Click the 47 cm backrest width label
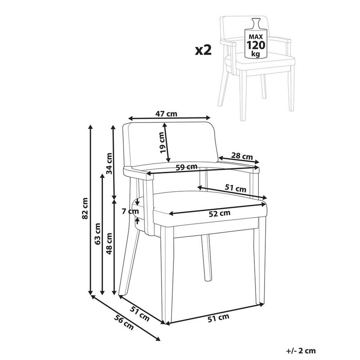pos(166,114)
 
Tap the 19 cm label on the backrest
pos(162,142)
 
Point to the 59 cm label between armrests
pos(186,167)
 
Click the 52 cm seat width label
pos(219,213)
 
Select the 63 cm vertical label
pos(98,234)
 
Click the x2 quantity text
pos(203,50)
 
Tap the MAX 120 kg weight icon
pos(256,40)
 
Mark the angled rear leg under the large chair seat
pos(206,258)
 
